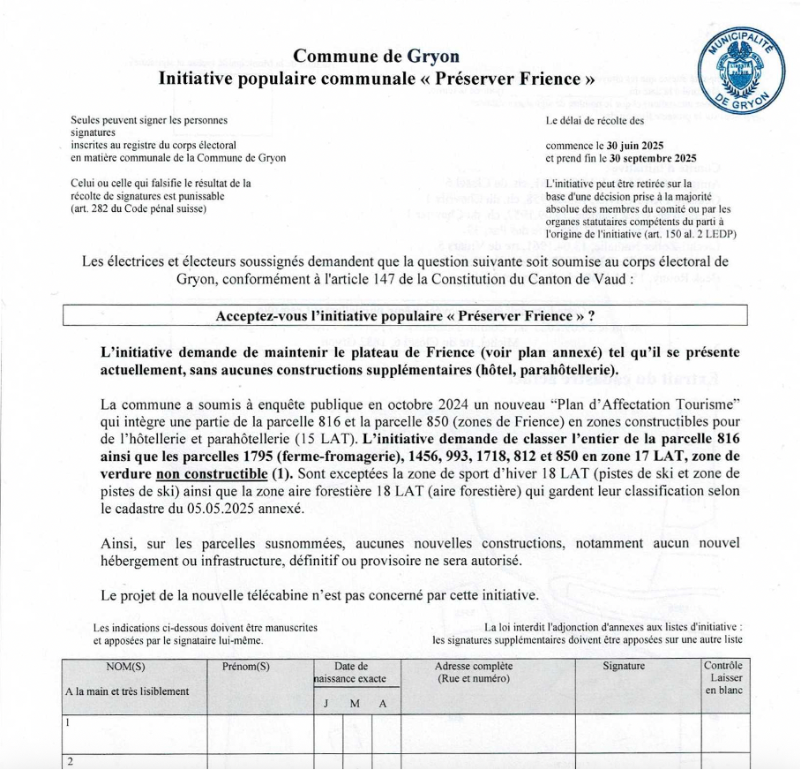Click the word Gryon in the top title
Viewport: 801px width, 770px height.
(x=433, y=57)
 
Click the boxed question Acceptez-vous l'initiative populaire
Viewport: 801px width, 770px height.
(x=405, y=315)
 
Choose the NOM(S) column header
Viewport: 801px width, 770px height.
(x=125, y=667)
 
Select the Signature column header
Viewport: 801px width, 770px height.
(x=624, y=667)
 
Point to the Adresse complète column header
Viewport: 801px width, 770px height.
(x=474, y=667)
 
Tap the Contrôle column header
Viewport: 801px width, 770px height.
(x=723, y=666)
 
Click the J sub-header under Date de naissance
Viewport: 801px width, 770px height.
(x=326, y=704)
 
